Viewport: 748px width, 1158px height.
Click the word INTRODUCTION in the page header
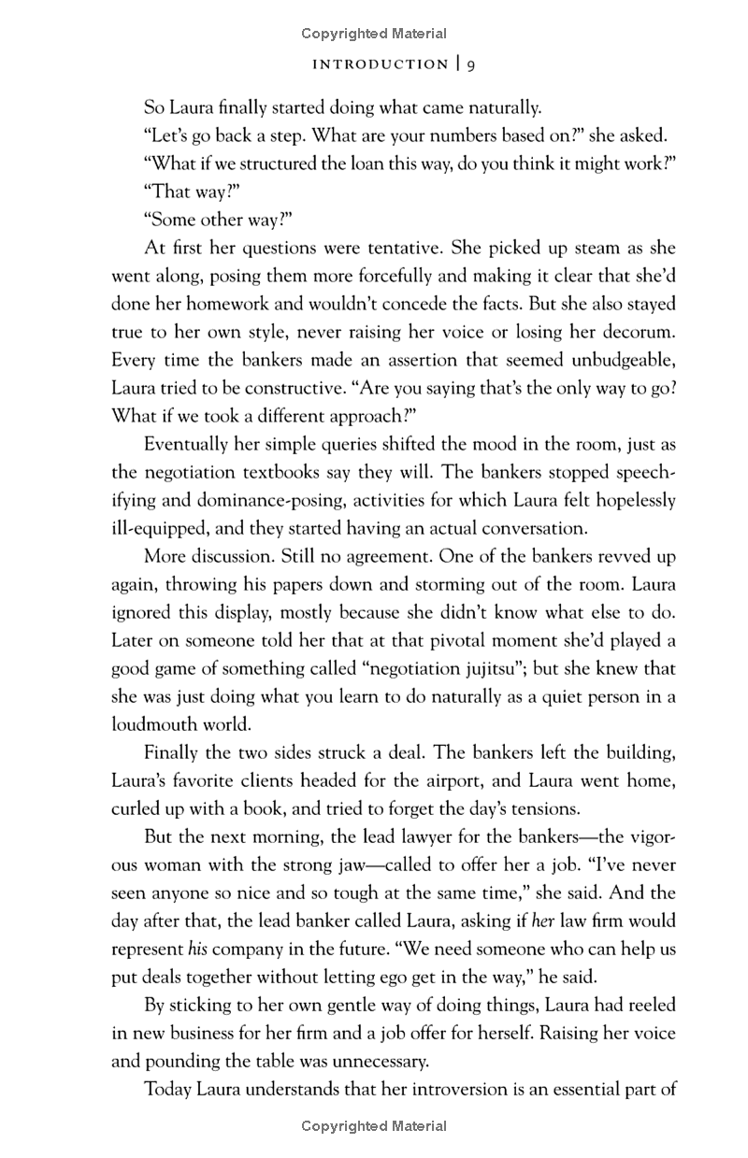[380, 64]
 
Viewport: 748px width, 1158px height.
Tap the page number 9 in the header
[472, 64]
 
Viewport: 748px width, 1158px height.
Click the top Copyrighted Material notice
[374, 34]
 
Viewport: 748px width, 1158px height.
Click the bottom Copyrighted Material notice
[374, 1126]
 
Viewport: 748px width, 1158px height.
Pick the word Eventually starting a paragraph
[190, 444]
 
